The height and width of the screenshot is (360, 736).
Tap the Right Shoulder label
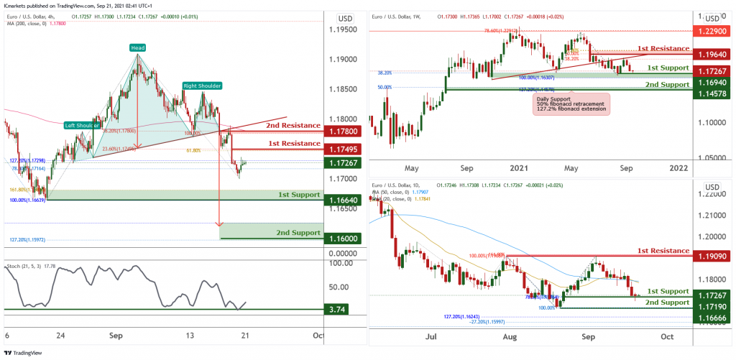(x=201, y=86)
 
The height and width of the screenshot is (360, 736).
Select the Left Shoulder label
(x=81, y=125)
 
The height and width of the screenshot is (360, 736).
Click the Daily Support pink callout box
(x=571, y=104)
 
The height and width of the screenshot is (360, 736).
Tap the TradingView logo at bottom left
(x=24, y=352)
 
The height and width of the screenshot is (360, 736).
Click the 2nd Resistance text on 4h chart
(x=283, y=125)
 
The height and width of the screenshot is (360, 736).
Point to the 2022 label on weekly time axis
(x=677, y=168)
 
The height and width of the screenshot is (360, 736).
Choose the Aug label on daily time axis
(x=510, y=336)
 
